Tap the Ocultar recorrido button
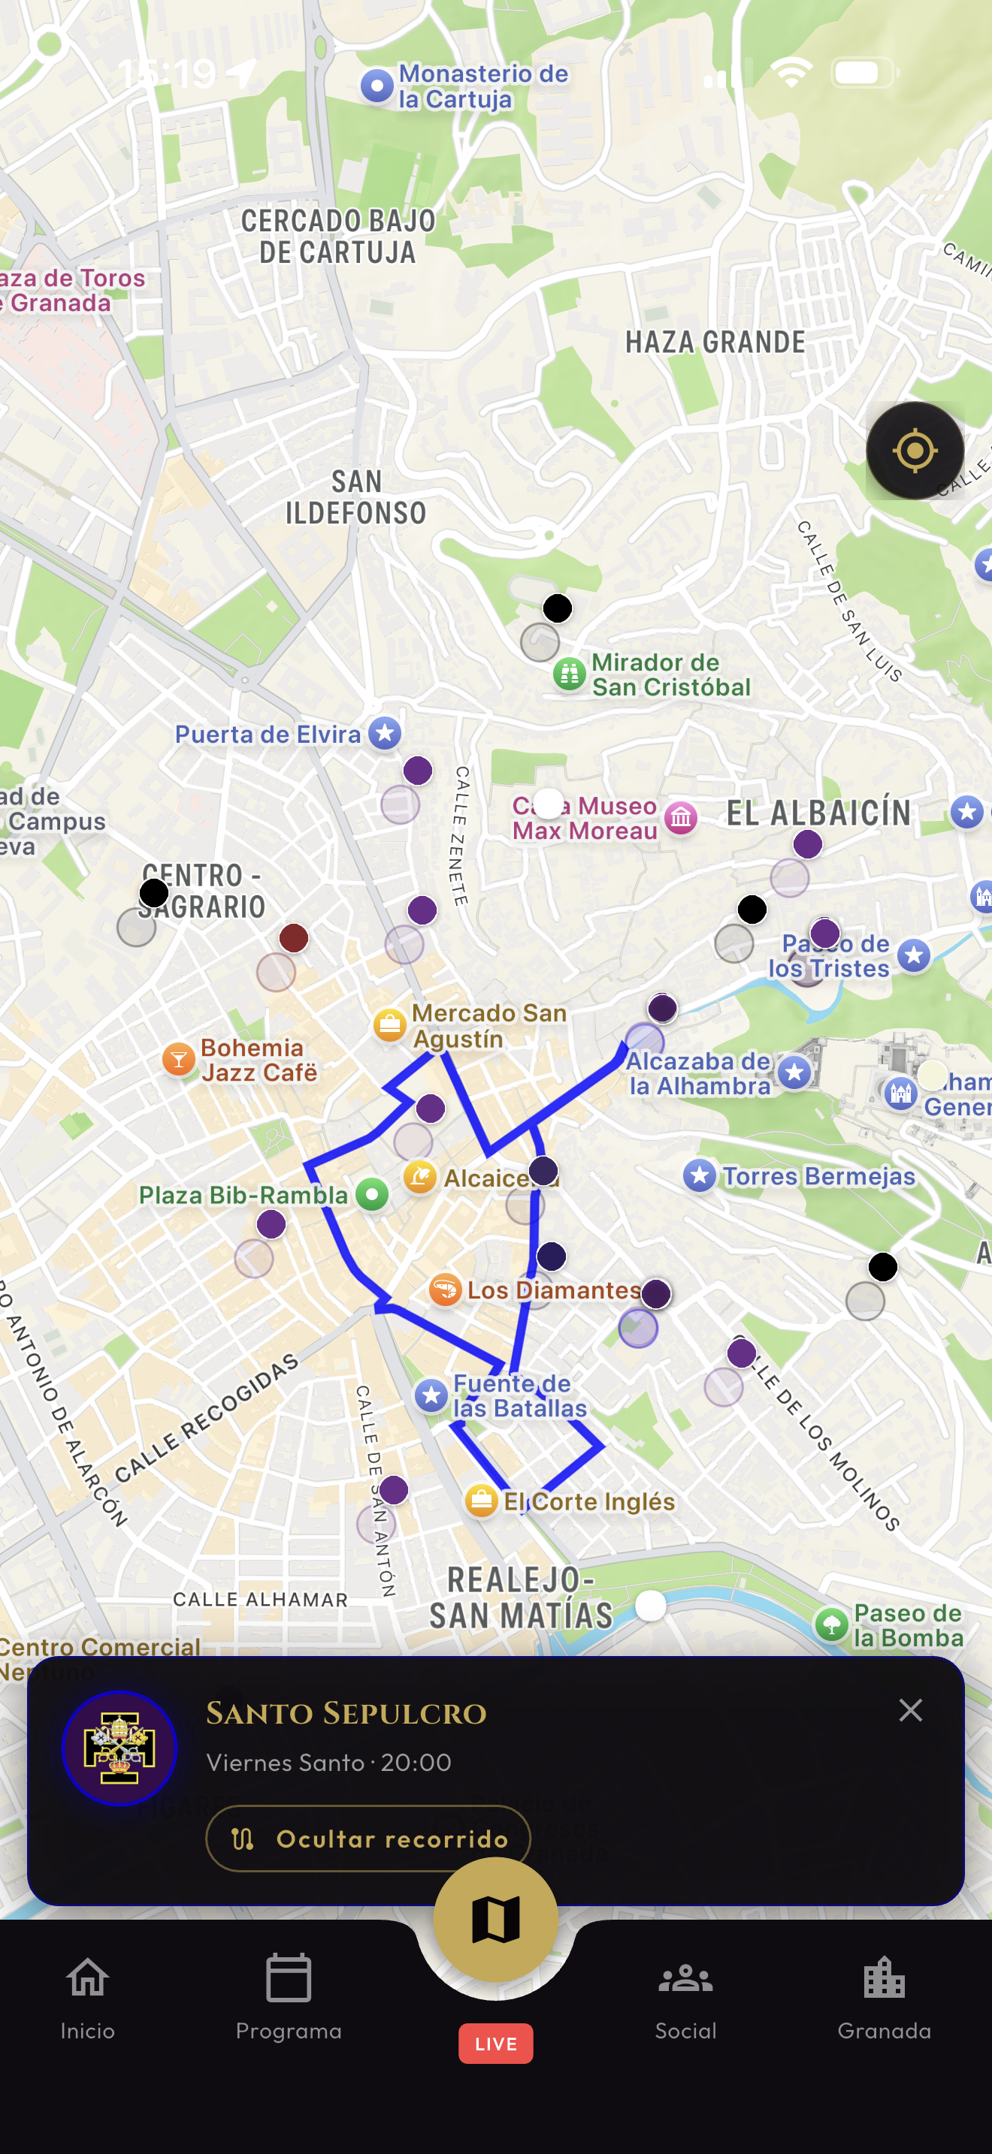point(368,1838)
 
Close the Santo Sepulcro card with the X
point(910,1710)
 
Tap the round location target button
point(914,451)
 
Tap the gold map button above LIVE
point(495,1919)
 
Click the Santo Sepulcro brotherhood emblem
point(119,1748)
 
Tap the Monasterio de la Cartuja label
point(482,86)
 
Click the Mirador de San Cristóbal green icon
point(569,673)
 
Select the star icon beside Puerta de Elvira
point(385,733)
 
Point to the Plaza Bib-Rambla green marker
point(372,1193)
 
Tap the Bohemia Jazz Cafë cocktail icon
point(178,1059)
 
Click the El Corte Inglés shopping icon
point(481,1500)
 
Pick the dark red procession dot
point(294,937)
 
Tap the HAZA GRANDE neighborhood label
point(715,342)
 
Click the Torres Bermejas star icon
point(699,1175)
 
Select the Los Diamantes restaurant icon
point(445,1289)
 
